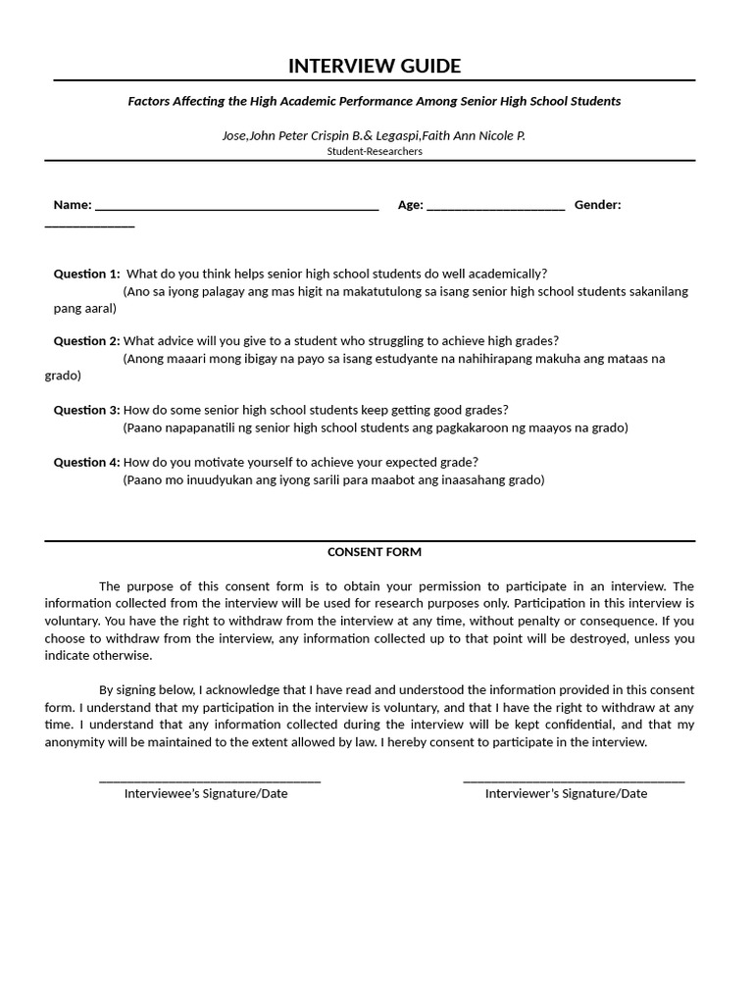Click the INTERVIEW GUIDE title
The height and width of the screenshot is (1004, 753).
[374, 66]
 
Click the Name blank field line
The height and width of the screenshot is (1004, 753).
[236, 209]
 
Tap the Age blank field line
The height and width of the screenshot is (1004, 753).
[495, 209]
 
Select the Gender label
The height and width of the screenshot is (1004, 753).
[597, 205]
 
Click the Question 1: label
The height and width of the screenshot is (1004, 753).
[86, 274]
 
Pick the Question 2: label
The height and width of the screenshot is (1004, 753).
[86, 341]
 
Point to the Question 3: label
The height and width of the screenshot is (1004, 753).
[86, 410]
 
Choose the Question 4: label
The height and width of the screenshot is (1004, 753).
[86, 462]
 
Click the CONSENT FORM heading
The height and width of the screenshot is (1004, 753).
[374, 552]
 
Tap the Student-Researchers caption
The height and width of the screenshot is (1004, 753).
[375, 151]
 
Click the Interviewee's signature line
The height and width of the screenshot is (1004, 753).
[210, 781]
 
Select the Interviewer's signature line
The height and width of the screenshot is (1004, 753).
[574, 781]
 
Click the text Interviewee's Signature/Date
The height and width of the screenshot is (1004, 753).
[206, 793]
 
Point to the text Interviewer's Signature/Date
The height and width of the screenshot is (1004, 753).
[566, 793]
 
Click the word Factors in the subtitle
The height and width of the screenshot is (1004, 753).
[149, 101]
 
